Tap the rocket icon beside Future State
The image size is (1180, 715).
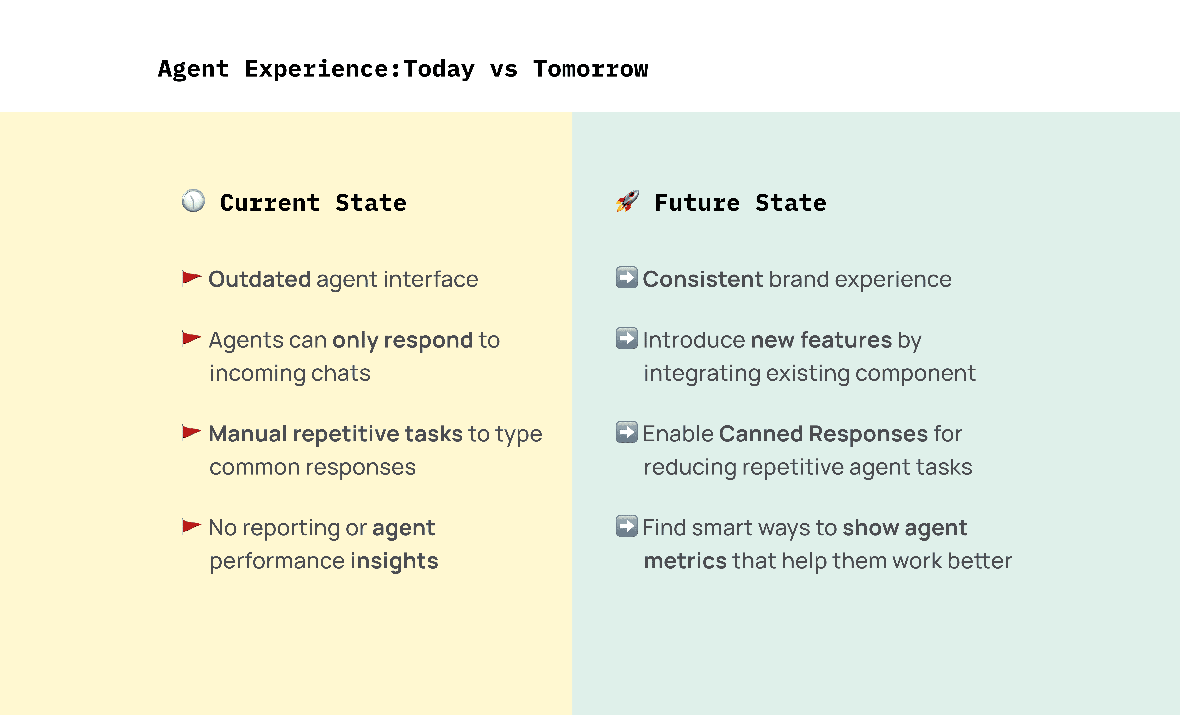pyautogui.click(x=627, y=201)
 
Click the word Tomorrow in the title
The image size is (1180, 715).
pyautogui.click(x=590, y=69)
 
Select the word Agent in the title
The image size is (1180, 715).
pyautogui.click(x=193, y=69)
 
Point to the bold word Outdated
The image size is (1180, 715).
pyautogui.click(x=260, y=279)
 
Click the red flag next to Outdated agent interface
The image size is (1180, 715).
pyautogui.click(x=192, y=278)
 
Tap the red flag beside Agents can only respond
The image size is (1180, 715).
pyautogui.click(x=192, y=339)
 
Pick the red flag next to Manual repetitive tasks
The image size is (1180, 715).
pyautogui.click(x=192, y=432)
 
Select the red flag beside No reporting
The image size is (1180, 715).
pyautogui.click(x=192, y=526)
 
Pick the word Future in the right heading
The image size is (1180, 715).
pyautogui.click(x=697, y=203)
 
